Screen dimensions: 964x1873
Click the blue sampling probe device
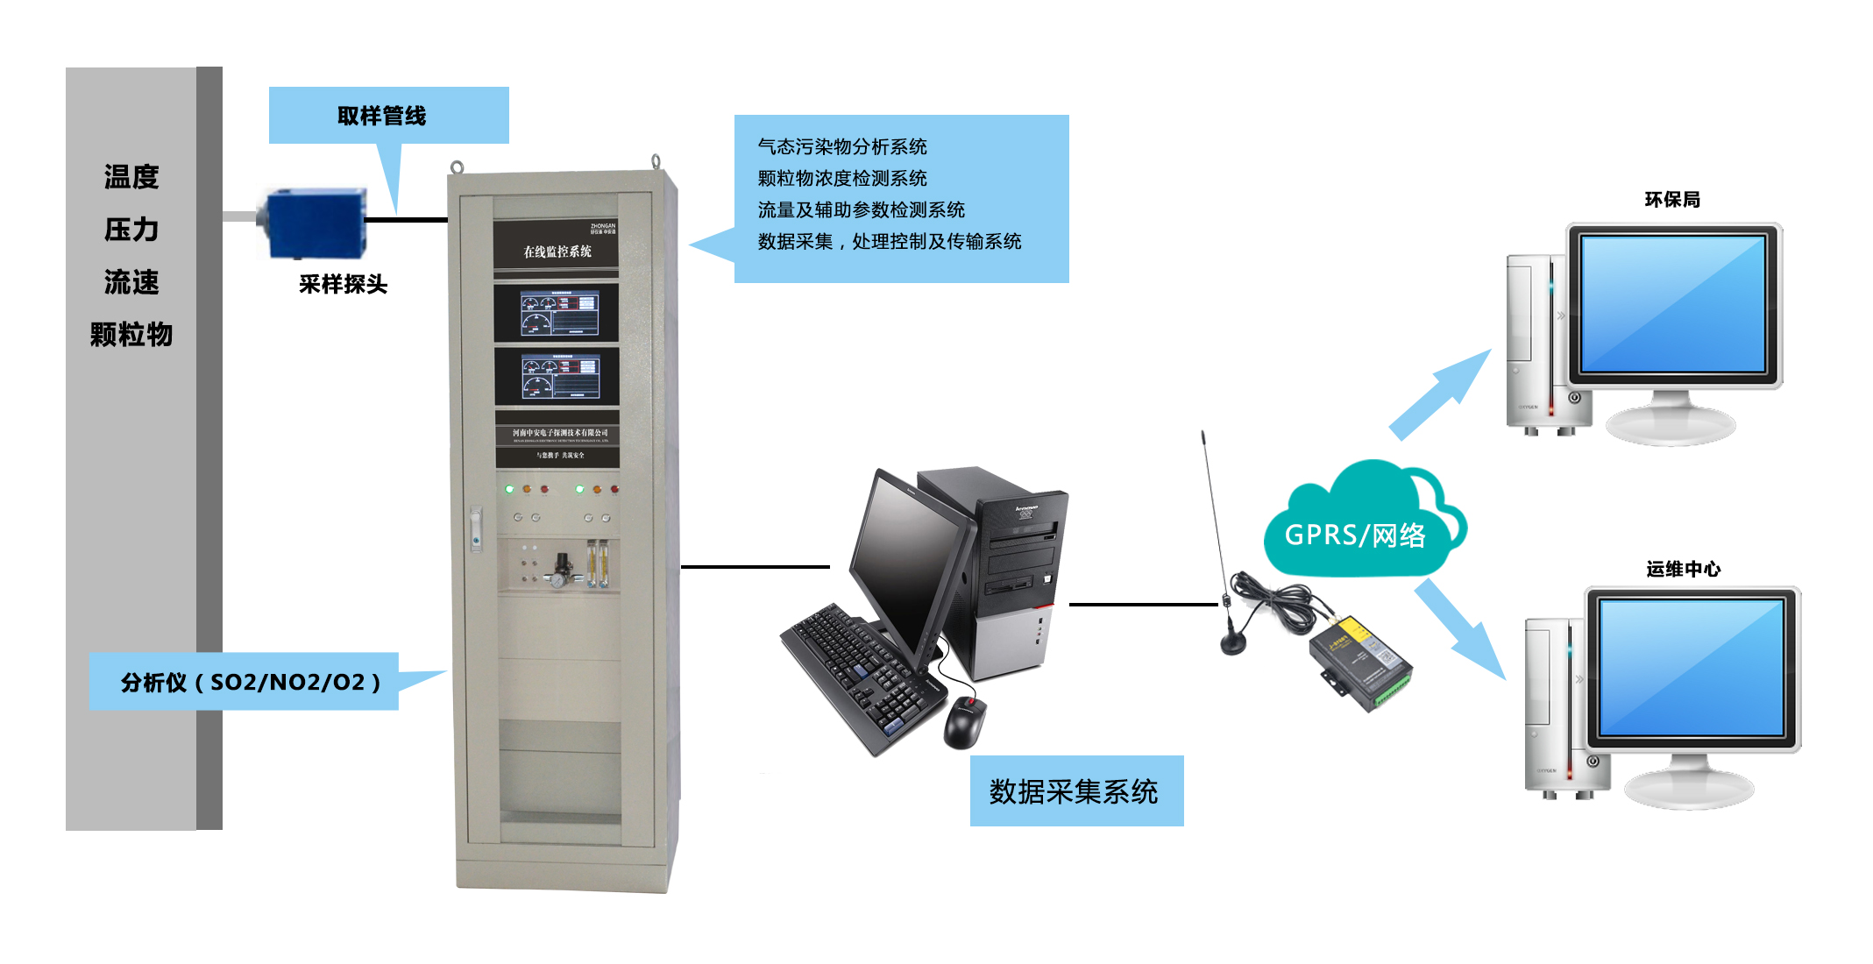click(x=314, y=223)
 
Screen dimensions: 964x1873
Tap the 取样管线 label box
click(x=388, y=115)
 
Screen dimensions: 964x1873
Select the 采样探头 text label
click(x=343, y=284)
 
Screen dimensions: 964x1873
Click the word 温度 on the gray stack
click(x=131, y=177)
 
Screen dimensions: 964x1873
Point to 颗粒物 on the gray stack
click(x=131, y=335)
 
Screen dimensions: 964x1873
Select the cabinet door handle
click(x=476, y=528)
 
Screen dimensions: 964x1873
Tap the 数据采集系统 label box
click(x=1076, y=791)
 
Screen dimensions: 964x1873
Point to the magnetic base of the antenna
click(x=1233, y=644)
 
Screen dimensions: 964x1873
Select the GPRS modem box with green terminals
click(x=1359, y=662)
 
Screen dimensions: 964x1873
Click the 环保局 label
click(x=1672, y=200)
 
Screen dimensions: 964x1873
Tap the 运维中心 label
click(x=1683, y=570)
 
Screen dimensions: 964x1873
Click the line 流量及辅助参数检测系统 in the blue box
click(x=861, y=210)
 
